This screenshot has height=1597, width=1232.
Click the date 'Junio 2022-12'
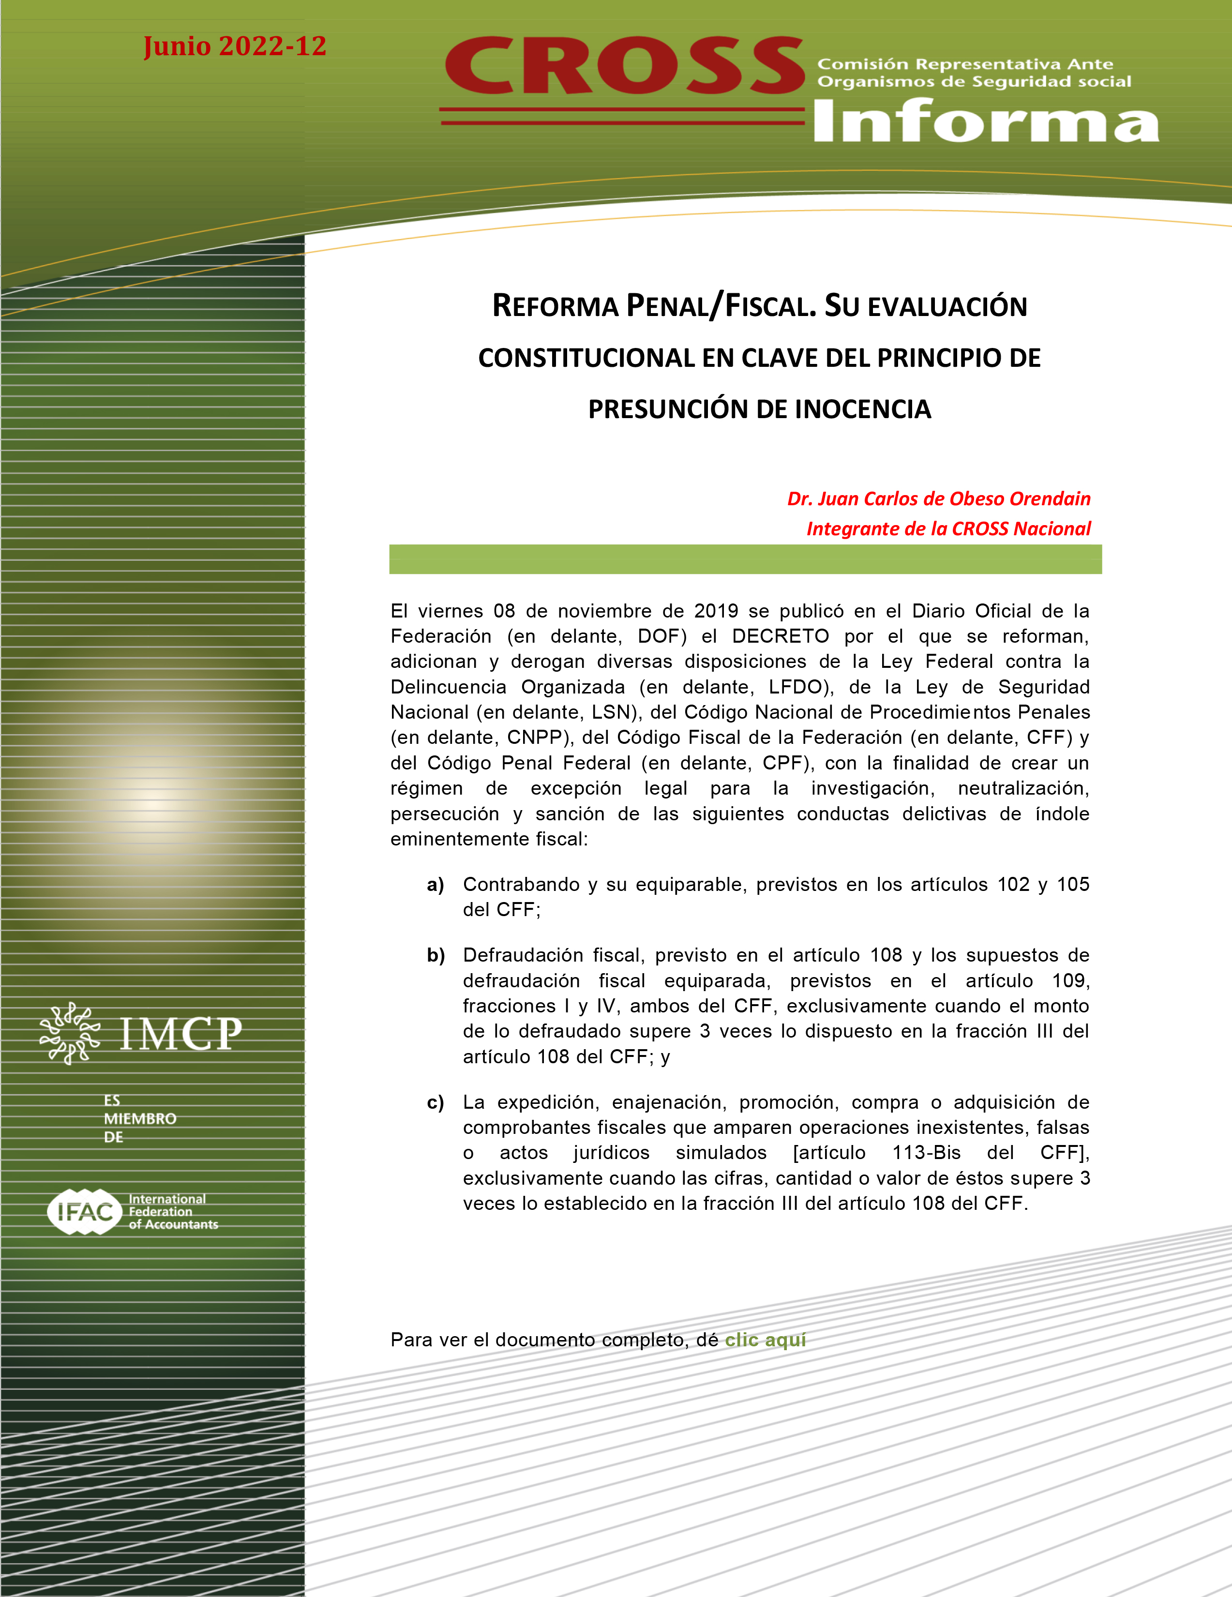(x=235, y=46)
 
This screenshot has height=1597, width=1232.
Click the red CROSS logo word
(x=625, y=67)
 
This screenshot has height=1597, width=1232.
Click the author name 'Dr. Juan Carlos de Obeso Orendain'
(x=938, y=498)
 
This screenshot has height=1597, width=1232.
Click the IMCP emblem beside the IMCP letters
(x=70, y=1033)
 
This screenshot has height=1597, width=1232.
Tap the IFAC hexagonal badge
(x=85, y=1212)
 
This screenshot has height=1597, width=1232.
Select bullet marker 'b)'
(x=436, y=956)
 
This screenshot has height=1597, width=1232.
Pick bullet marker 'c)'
(x=436, y=1103)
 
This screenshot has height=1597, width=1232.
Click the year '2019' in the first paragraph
(x=716, y=611)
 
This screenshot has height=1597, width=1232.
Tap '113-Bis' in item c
(x=926, y=1153)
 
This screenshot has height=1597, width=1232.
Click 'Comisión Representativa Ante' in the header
(x=965, y=64)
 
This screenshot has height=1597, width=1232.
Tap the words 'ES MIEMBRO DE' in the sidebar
(x=139, y=1119)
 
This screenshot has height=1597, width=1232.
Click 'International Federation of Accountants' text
(x=173, y=1212)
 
